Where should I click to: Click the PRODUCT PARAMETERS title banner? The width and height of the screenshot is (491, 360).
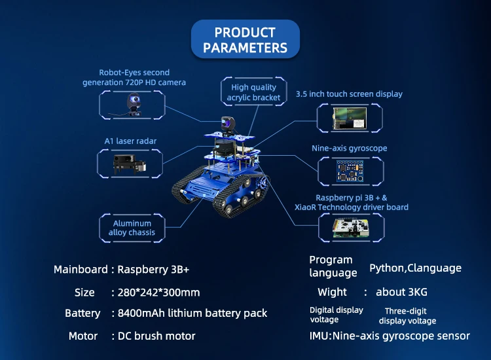245,39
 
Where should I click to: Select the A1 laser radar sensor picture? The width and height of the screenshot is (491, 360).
130,162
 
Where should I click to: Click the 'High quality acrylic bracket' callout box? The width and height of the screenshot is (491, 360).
253,92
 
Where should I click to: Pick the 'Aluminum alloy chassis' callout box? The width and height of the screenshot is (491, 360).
132,228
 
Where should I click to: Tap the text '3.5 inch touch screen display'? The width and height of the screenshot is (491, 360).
349,94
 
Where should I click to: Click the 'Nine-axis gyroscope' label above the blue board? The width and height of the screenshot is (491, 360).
349,149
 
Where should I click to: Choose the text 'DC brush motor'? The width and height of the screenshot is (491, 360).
156,336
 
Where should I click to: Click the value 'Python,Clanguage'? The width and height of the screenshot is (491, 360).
415,268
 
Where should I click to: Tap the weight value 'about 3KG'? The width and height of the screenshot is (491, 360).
401,292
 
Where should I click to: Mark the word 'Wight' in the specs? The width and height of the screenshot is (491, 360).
332,292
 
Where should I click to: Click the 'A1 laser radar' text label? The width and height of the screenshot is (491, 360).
130,141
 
